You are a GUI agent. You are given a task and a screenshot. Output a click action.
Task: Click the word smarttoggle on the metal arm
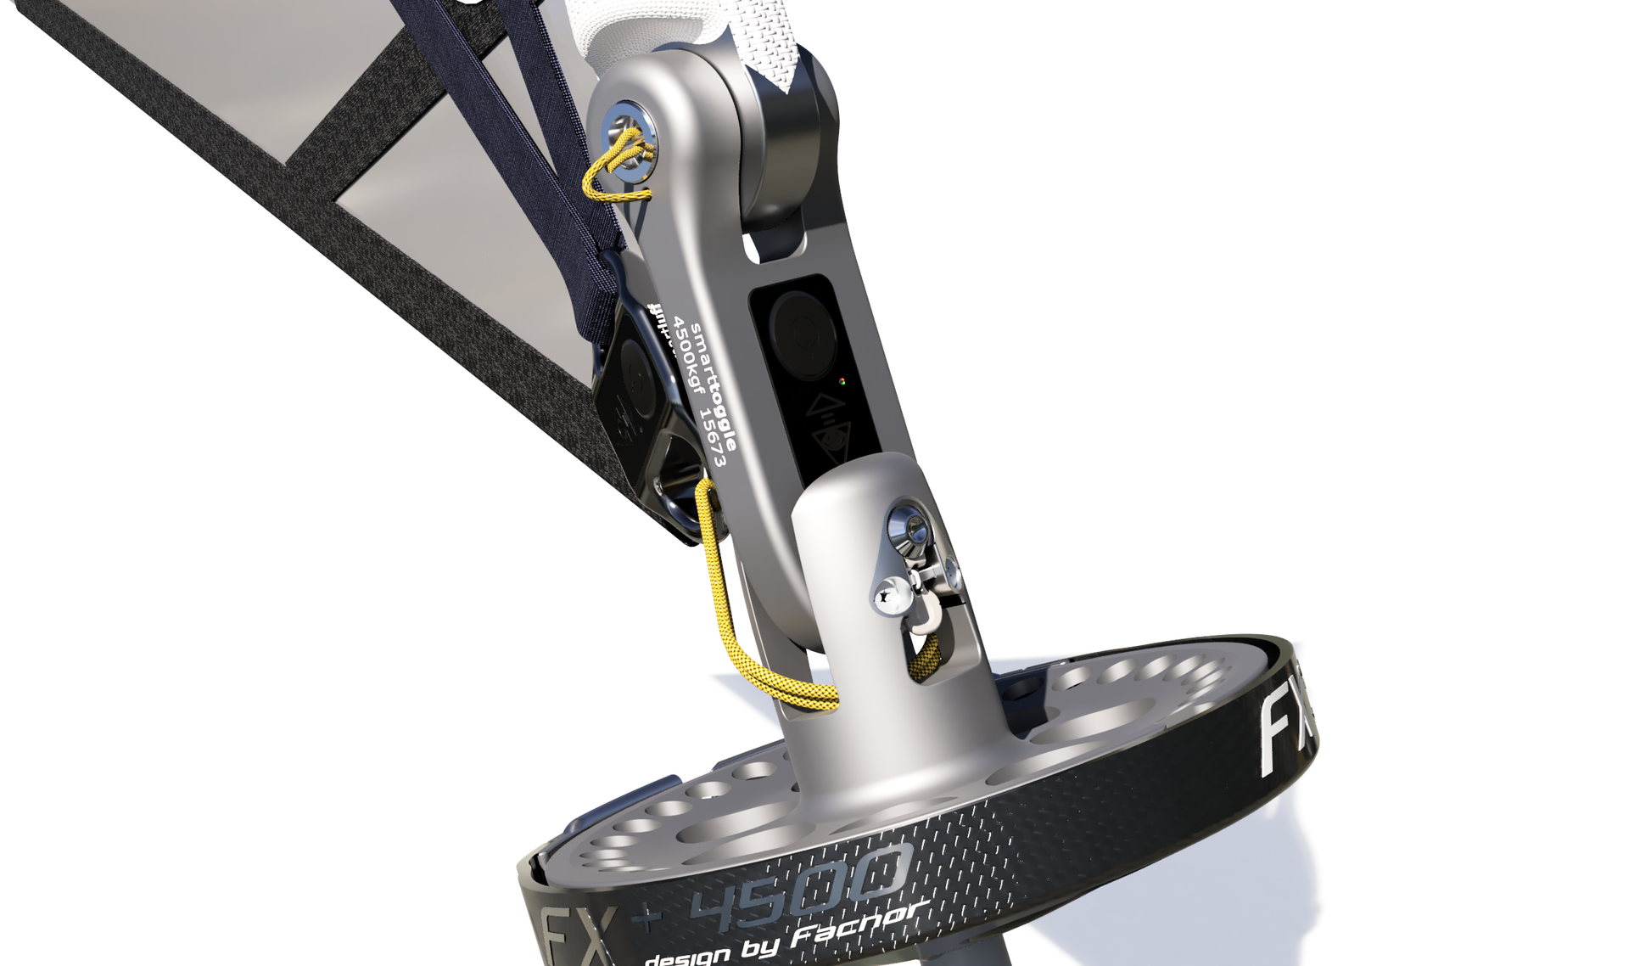pos(714,387)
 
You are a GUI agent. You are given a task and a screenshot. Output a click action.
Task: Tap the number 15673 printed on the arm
pos(711,437)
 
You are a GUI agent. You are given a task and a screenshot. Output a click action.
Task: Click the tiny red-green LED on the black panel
pos(842,382)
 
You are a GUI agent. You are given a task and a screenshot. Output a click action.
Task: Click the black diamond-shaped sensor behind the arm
pos(638,399)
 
